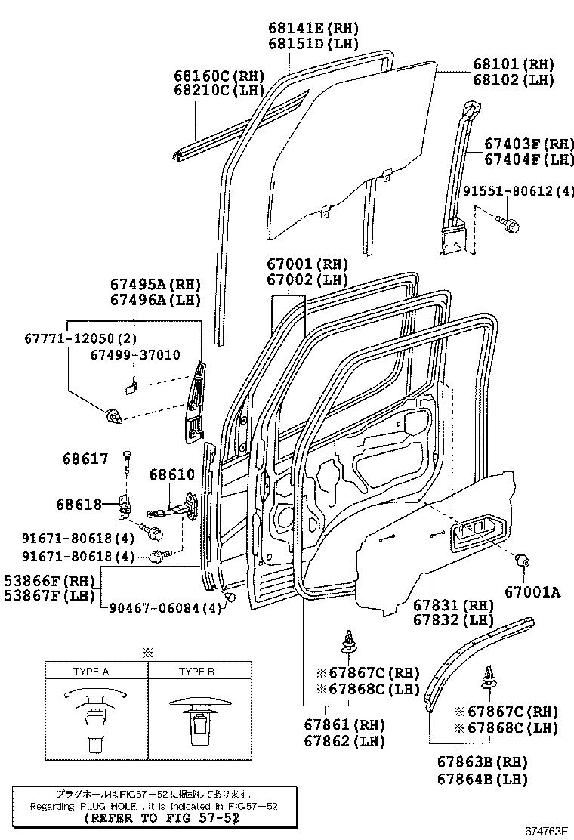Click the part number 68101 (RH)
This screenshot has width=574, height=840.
[x=514, y=64]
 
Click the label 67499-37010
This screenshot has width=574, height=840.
[x=134, y=354]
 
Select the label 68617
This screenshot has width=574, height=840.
[x=85, y=458]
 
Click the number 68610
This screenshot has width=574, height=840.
[x=171, y=475]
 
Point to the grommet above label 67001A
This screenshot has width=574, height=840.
[x=520, y=562]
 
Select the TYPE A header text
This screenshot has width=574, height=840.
[x=91, y=672]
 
